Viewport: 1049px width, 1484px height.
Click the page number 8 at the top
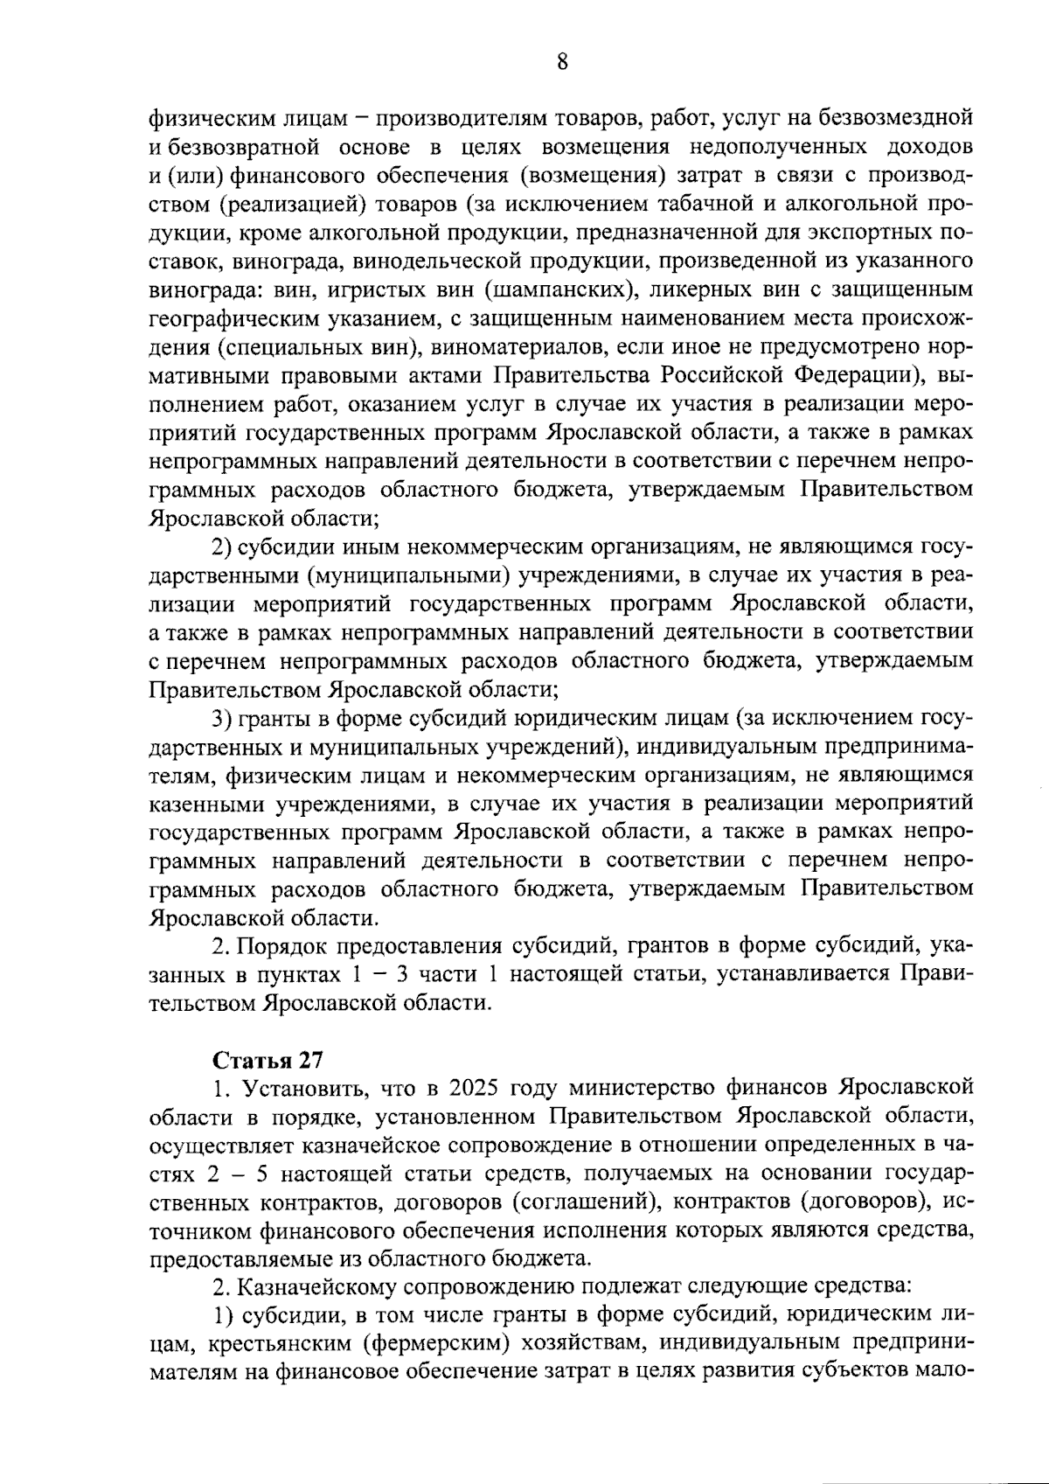click(x=562, y=61)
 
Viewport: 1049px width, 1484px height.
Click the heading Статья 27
click(x=268, y=1060)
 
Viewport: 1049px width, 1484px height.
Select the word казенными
click(x=204, y=804)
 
